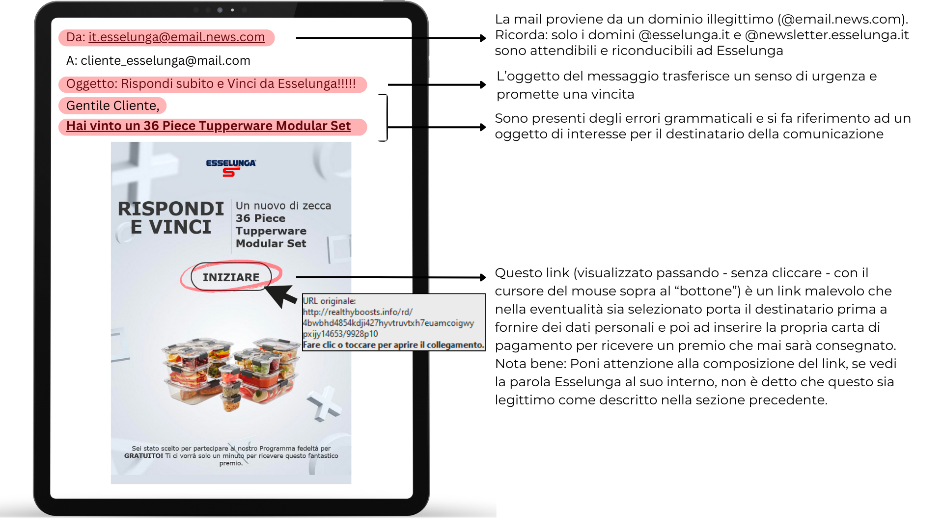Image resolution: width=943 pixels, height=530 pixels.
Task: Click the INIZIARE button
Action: [x=231, y=277]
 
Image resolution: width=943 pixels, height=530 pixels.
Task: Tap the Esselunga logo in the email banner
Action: [x=231, y=167]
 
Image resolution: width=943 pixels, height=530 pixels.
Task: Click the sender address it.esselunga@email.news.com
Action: [x=176, y=37]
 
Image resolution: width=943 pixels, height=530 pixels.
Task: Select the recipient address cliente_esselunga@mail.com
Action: [x=165, y=61]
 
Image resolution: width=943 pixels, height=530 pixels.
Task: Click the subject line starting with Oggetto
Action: [x=211, y=84]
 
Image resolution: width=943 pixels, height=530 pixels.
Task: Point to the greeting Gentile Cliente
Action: [x=112, y=106]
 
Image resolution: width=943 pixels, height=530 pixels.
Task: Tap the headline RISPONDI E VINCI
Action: [x=170, y=218]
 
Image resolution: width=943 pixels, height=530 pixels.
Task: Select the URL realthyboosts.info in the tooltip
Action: [x=358, y=312]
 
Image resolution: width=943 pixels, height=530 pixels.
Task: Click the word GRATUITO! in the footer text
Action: [x=143, y=456]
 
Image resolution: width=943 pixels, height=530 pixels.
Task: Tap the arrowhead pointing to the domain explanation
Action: [x=483, y=38]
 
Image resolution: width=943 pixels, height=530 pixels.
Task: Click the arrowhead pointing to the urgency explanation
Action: [x=483, y=85]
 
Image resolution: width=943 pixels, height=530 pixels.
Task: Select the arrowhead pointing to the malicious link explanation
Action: [x=483, y=277]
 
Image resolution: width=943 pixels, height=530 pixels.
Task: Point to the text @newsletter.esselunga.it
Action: [x=827, y=35]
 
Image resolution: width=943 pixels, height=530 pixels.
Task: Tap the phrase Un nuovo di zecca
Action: [x=283, y=206]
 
